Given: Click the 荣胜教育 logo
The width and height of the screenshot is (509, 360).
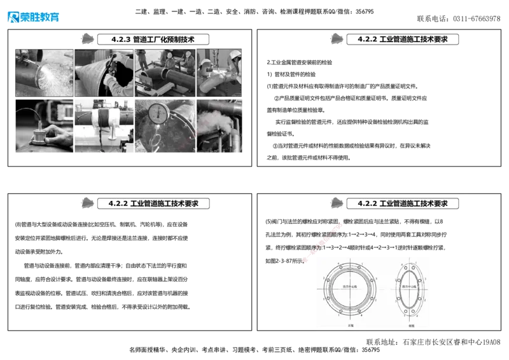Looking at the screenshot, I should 33,17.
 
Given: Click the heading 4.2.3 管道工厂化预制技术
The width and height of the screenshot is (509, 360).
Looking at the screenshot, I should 153,39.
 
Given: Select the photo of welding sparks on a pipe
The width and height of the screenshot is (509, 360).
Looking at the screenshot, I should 43,73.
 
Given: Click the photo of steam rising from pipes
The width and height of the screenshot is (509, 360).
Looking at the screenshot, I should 220,125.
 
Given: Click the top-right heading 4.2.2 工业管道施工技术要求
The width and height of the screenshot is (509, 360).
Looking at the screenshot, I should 403,39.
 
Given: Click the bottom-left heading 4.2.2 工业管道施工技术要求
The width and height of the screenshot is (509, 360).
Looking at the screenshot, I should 153,204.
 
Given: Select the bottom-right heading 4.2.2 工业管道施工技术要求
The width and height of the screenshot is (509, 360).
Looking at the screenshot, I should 403,204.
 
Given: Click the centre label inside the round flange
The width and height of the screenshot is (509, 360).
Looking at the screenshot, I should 351,287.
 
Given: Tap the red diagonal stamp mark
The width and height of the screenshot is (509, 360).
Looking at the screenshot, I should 323,242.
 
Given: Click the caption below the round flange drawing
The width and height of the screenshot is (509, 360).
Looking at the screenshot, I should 350,325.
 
